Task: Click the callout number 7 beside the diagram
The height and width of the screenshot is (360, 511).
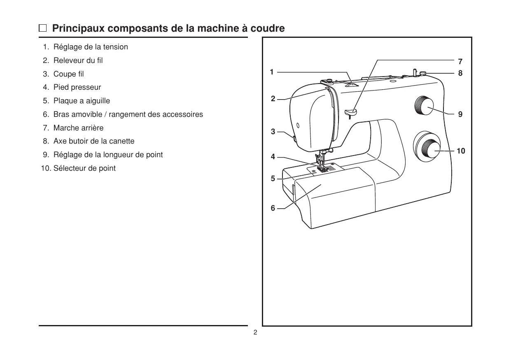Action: click(x=460, y=62)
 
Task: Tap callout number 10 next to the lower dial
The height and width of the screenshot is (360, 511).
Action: click(x=461, y=151)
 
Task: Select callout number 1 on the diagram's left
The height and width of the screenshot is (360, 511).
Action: click(x=272, y=72)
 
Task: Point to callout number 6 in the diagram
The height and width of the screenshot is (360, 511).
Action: click(x=273, y=208)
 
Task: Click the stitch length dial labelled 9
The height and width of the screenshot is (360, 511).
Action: click(x=425, y=106)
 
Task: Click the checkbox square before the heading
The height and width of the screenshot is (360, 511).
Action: click(x=43, y=29)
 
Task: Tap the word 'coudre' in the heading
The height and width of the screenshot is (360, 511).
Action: click(x=268, y=29)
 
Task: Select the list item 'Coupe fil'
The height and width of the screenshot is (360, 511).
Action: click(x=68, y=74)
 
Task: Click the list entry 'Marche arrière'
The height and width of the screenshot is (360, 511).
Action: click(x=78, y=128)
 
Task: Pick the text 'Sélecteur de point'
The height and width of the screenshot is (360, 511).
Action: click(x=84, y=168)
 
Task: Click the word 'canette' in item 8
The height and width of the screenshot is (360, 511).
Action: click(x=121, y=141)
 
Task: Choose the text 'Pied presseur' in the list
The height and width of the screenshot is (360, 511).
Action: click(x=77, y=87)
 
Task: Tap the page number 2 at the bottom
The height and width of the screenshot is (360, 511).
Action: click(x=255, y=332)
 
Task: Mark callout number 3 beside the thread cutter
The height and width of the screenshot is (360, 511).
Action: click(x=273, y=132)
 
